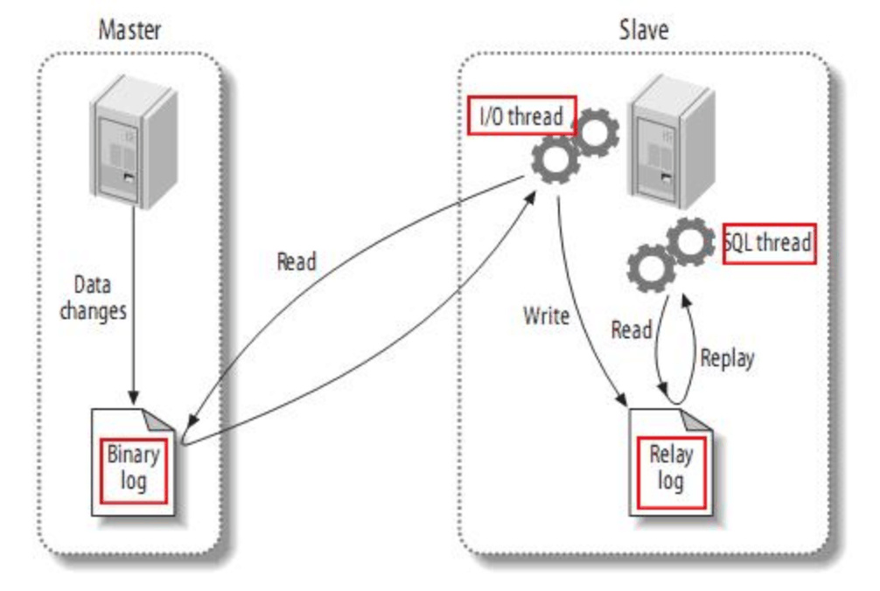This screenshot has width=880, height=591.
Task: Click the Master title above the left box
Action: coord(129,30)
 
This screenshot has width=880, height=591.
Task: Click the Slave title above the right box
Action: coord(644,30)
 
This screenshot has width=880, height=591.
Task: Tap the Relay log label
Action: coord(671,467)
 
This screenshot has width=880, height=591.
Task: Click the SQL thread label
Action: coord(770,243)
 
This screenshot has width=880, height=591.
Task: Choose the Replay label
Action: coord(727,358)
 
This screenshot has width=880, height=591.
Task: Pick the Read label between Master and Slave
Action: coord(297,261)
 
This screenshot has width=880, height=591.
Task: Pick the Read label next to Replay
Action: coord(631,330)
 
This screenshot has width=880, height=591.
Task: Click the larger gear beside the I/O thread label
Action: coord(556,157)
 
